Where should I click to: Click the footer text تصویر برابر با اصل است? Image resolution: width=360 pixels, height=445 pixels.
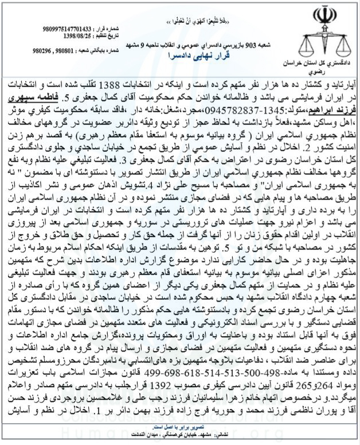click(x=173, y=427)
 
